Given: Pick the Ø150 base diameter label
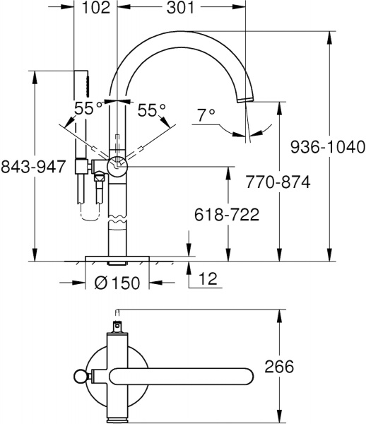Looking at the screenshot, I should point(117,283).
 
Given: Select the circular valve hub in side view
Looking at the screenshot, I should point(117,167).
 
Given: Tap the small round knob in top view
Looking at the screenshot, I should point(79,375).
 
